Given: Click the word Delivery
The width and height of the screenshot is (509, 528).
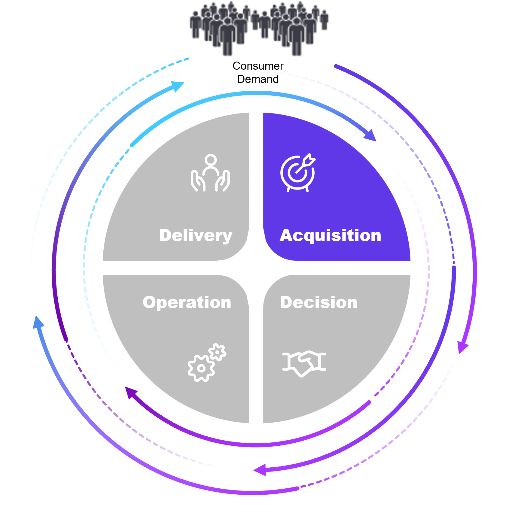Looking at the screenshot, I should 196,236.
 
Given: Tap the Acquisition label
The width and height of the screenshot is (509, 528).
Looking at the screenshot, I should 331,235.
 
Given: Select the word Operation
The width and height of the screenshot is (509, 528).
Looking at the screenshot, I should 187,302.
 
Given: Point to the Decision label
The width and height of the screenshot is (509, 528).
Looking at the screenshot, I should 319,302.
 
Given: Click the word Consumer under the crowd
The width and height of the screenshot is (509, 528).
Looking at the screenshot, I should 258,66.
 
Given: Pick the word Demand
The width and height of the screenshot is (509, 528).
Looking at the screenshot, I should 258,79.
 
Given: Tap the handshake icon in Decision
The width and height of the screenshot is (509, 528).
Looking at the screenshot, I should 304,363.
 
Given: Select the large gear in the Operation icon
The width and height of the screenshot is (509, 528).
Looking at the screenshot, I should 201,368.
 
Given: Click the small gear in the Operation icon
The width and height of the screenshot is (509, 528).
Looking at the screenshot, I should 218,352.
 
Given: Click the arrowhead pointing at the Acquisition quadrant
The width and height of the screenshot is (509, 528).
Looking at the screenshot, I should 371,135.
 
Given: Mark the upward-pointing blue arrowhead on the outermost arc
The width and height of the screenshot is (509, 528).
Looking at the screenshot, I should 38,322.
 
